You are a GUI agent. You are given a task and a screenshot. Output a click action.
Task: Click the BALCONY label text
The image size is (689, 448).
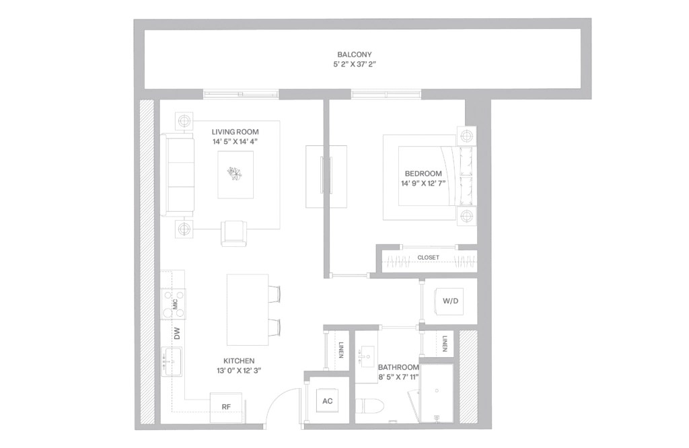coord(355,54)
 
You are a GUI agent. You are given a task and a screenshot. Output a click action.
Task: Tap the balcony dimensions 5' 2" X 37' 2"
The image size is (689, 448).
coord(355,65)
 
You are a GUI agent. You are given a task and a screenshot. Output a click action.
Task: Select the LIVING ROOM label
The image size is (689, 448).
coord(235,131)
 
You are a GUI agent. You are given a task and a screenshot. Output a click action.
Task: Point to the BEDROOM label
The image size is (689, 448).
coord(423,173)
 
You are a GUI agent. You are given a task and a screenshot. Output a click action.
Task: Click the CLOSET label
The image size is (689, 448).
coord(428,258)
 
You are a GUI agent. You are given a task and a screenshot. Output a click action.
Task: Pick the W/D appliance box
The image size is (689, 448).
coord(449,301)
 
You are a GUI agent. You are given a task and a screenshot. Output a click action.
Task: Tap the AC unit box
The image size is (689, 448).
coord(328,402)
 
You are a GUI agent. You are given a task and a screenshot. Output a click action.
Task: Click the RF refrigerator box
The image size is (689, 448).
coord(226,406)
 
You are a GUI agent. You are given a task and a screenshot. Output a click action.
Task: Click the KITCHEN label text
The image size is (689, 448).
coord(239,361)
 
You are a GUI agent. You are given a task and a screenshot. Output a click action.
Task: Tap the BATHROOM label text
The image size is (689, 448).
coord(398,367)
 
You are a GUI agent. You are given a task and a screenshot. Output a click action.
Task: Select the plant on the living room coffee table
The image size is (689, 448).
coord(235,174)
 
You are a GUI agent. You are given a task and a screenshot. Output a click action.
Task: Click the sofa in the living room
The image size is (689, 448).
coord(177,174)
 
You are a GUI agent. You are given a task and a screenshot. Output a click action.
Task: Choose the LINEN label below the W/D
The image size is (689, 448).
coord(445,344)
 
